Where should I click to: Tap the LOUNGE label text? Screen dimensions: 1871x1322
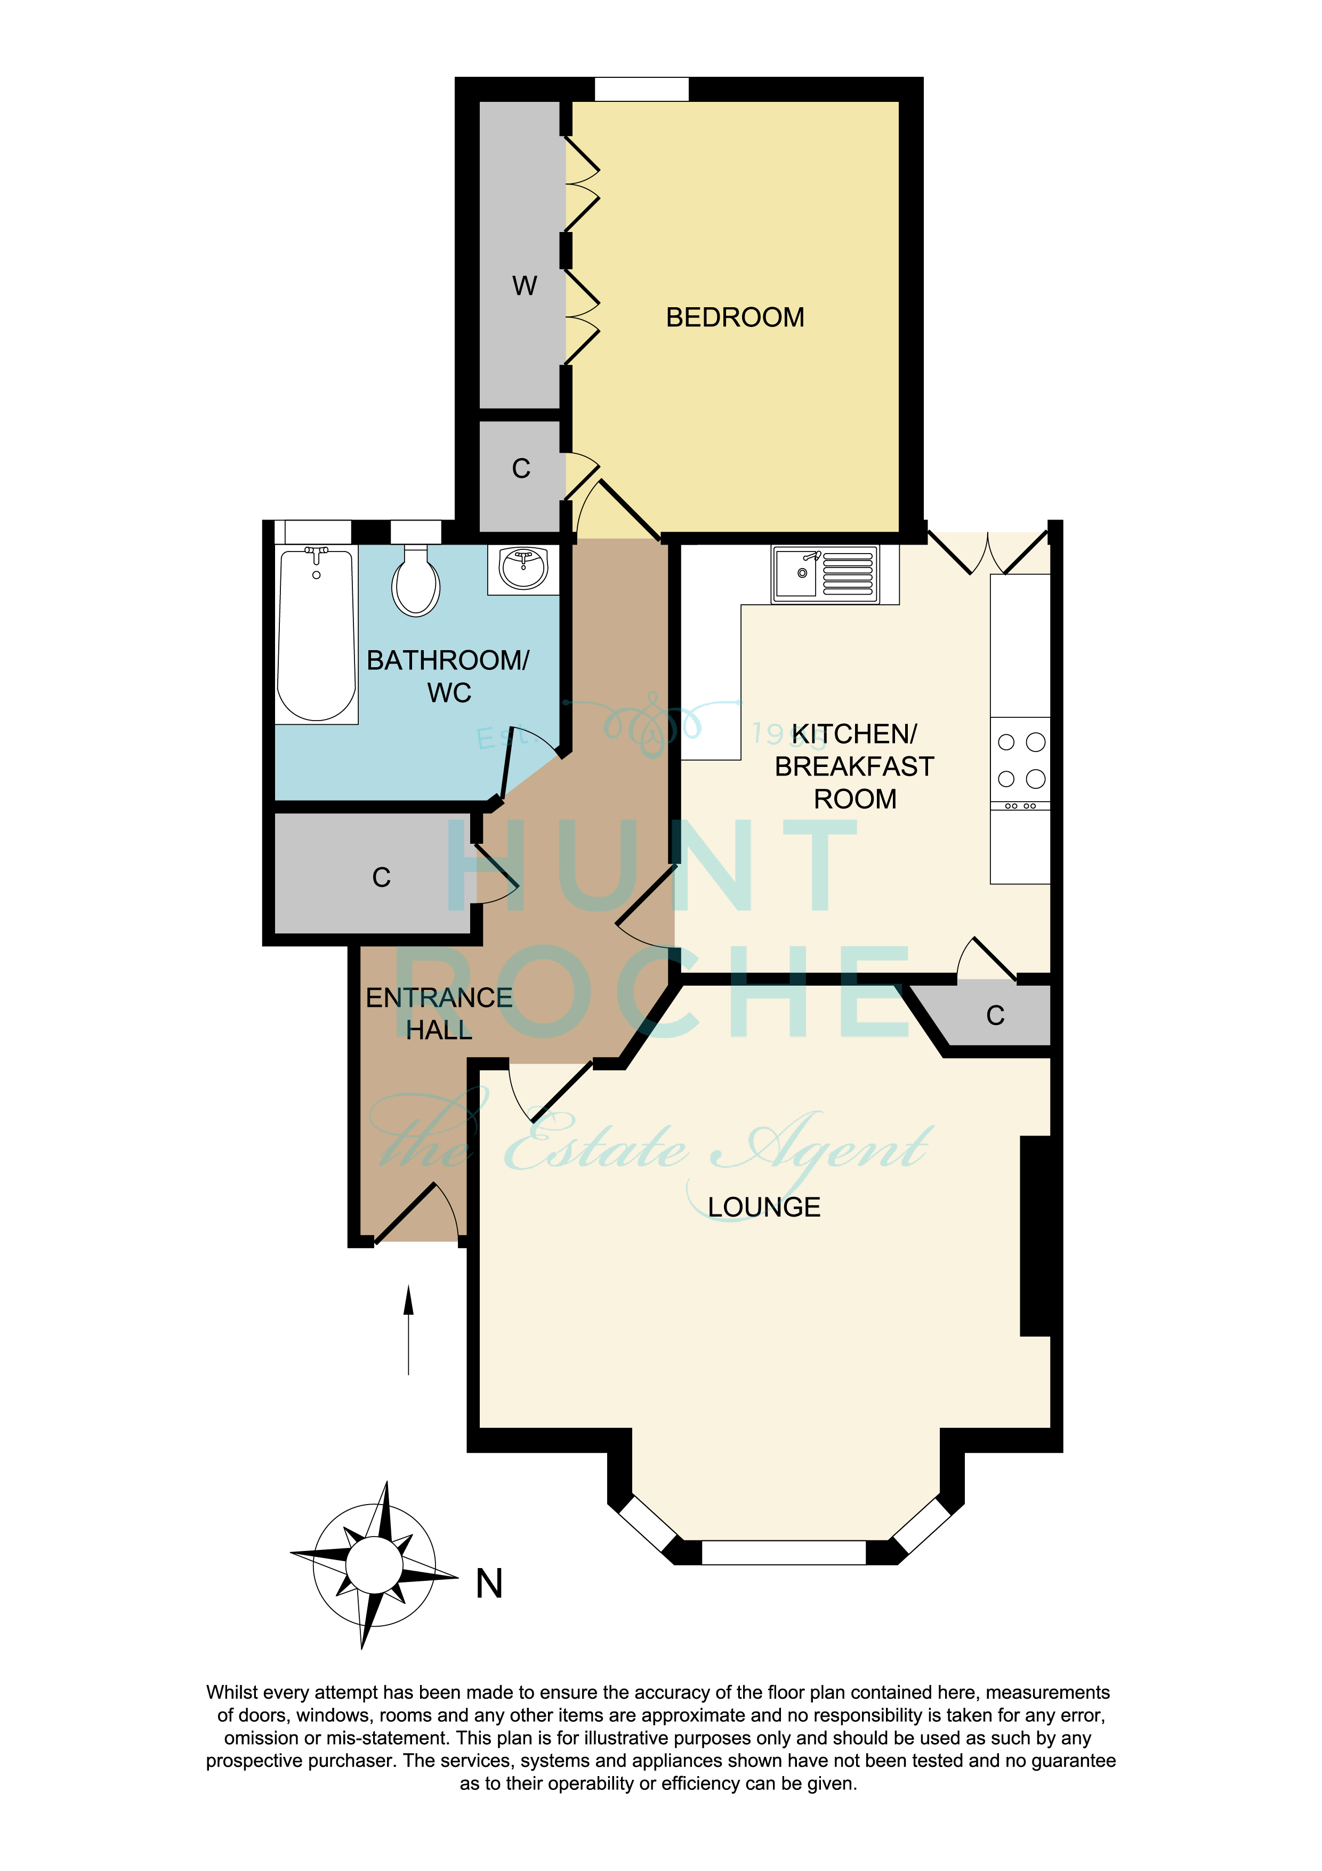tap(763, 1207)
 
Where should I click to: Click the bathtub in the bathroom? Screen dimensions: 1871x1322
tap(316, 633)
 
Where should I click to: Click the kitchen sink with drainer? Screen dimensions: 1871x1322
tap(825, 574)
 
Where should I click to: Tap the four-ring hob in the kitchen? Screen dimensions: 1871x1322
tap(1021, 761)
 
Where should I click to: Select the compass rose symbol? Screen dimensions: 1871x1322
tap(374, 1565)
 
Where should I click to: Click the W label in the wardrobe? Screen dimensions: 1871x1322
tap(525, 286)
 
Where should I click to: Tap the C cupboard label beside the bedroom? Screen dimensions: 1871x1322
tap(521, 469)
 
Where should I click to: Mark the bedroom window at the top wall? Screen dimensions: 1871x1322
tap(641, 89)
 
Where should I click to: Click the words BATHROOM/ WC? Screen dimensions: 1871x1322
tap(448, 676)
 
